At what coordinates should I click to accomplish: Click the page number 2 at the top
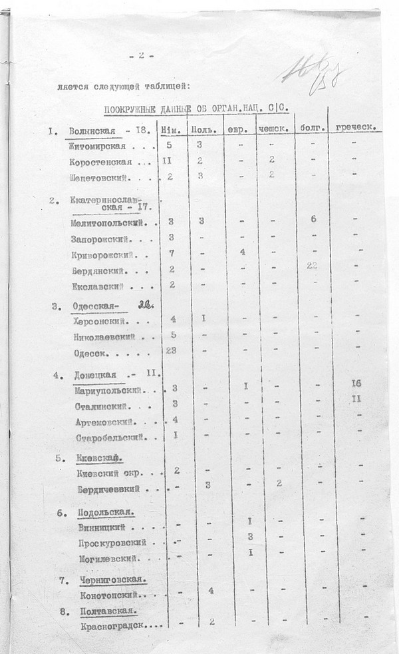pos(141,56)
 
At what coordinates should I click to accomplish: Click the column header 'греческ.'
pos(358,127)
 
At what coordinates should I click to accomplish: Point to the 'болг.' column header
pos(311,127)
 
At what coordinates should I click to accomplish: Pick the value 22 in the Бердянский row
pos(311,266)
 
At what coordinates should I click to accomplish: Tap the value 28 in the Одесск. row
pos(170,350)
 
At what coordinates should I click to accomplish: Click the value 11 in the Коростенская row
pos(168,161)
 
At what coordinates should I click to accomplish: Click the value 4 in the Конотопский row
pos(209,590)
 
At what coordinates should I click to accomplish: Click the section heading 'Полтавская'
pos(107,611)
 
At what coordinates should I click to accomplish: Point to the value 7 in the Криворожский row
pos(171,254)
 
